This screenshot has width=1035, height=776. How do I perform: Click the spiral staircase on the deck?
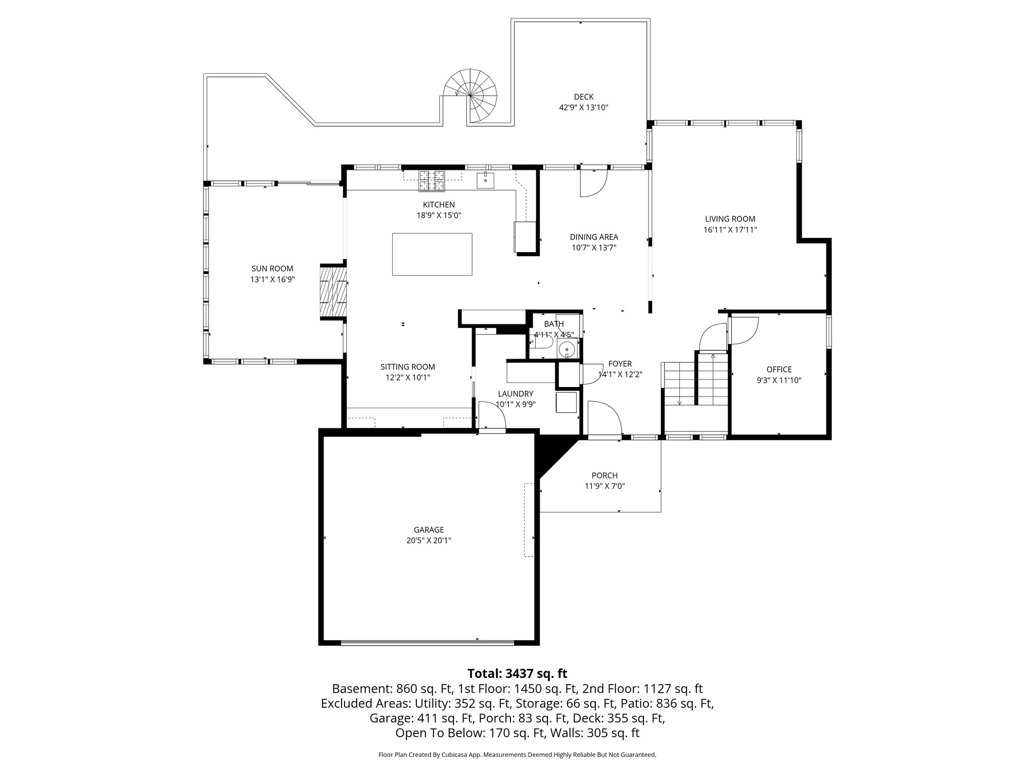pos(471,95)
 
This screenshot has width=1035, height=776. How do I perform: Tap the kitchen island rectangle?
pos(432,254)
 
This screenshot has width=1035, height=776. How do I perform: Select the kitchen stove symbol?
pos(432,181)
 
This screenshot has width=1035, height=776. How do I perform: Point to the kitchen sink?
pos(485,179)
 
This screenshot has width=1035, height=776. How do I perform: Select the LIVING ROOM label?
pos(730,219)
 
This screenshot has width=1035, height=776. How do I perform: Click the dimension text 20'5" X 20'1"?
pos(429,541)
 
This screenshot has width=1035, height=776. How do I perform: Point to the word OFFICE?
pos(779,369)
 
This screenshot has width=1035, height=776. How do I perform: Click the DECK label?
pos(583,96)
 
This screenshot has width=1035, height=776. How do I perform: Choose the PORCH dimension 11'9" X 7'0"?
pos(604,486)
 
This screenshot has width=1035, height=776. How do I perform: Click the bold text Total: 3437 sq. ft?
pos(517,673)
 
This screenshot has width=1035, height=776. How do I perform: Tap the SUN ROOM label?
pos(272,269)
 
